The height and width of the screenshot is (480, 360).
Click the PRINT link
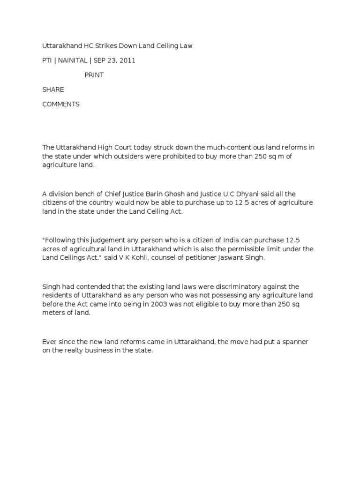pos(94,75)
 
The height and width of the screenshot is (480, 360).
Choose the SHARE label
pos(53,90)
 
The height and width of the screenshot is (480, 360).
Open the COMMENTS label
pos(61,104)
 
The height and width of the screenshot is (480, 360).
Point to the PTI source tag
pos(47,60)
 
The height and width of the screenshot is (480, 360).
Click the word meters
pos(52,313)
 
